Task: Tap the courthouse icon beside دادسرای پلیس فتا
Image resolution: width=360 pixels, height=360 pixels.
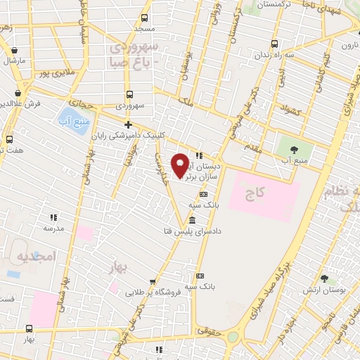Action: tap(193, 221)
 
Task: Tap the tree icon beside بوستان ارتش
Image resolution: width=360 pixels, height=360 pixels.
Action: tap(323, 279)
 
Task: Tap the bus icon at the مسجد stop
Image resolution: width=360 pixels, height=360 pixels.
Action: tap(144, 18)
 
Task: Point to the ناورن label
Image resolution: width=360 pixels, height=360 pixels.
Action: tap(349, 45)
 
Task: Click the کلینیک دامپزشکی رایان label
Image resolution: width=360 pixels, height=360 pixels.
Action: tap(152, 136)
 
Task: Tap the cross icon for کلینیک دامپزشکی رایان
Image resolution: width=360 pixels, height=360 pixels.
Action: tap(127, 124)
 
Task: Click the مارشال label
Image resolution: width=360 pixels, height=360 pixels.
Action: tap(14, 60)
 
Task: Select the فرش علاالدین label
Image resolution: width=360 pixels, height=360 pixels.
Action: tap(18, 104)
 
